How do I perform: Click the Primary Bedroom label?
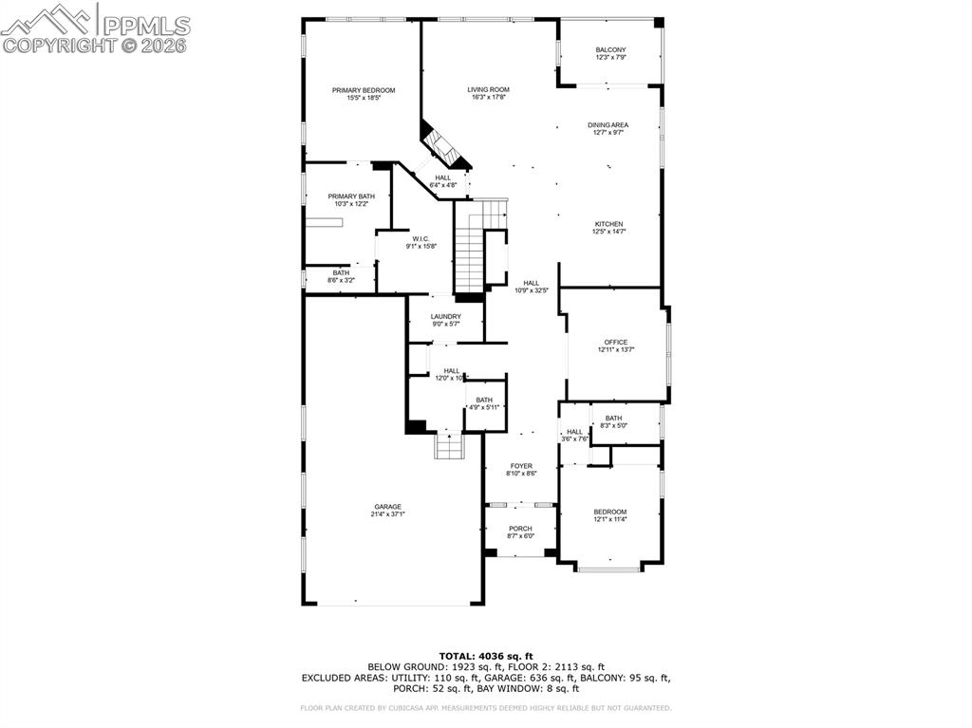click(x=364, y=90)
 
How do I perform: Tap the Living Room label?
click(x=488, y=90)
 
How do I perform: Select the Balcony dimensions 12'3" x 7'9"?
click(x=610, y=58)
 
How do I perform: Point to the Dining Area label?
click(x=607, y=124)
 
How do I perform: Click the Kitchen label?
click(x=608, y=224)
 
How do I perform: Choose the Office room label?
click(x=616, y=342)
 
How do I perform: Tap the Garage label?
click(x=386, y=506)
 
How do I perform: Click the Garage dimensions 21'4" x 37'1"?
click(x=386, y=514)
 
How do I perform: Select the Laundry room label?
click(x=445, y=316)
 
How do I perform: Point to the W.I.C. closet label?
click(x=421, y=238)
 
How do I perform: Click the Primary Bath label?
click(x=346, y=196)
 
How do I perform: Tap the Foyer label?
click(x=521, y=465)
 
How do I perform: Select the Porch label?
click(x=520, y=529)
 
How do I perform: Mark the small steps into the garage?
click(x=448, y=445)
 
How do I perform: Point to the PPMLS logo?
click(x=95, y=28)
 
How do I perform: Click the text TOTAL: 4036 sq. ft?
click(x=486, y=656)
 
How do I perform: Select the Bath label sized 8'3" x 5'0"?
click(x=613, y=418)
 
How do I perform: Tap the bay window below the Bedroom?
click(x=610, y=568)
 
